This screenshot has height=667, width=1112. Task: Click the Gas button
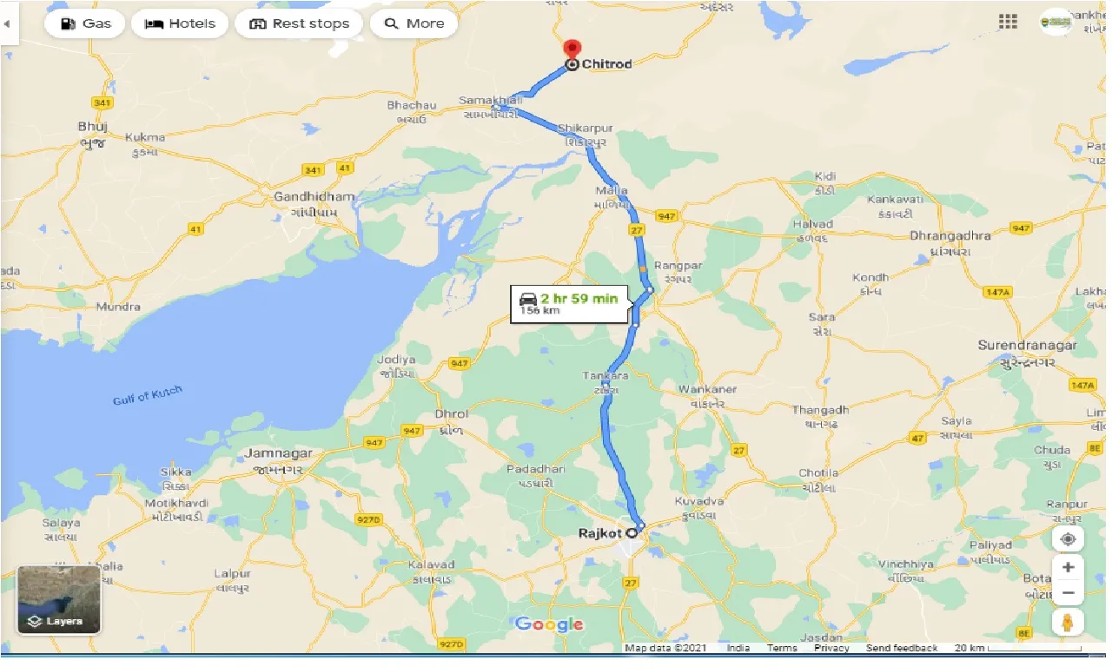[85, 23]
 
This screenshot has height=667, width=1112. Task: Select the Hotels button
[180, 23]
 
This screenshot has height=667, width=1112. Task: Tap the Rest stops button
[298, 23]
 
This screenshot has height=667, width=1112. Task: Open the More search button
[414, 23]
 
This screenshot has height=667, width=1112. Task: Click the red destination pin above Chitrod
[572, 49]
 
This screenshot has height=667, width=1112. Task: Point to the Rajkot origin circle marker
[632, 533]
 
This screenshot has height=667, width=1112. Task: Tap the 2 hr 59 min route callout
[569, 304]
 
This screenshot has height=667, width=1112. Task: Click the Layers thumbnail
[59, 599]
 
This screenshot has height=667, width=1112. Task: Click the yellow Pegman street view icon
[1068, 622]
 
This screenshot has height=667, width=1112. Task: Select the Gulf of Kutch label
[148, 396]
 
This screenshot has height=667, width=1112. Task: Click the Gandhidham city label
[314, 197]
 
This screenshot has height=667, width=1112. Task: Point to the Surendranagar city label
[1027, 346]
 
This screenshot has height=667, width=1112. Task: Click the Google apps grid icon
[1008, 22]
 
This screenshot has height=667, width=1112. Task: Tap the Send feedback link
[902, 648]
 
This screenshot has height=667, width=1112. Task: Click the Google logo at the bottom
[549, 624]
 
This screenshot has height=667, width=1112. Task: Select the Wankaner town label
[707, 389]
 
